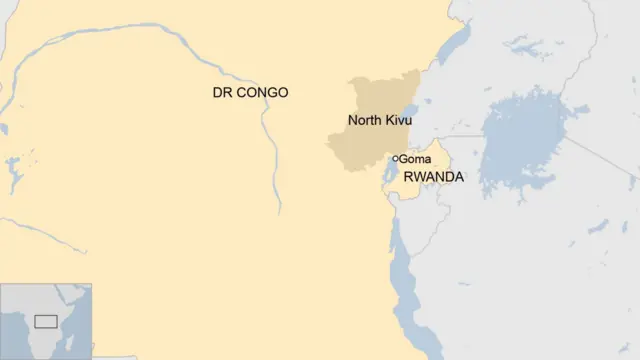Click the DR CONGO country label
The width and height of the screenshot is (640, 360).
tap(250, 93)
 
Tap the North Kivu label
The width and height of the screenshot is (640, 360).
tap(379, 121)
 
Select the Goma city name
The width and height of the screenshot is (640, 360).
tap(415, 159)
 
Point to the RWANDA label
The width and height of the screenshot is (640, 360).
tap(433, 177)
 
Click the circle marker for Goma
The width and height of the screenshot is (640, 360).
tap(395, 158)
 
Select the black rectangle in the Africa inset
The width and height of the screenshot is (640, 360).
tap(46, 321)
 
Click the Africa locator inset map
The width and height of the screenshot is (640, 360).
tap(46, 321)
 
